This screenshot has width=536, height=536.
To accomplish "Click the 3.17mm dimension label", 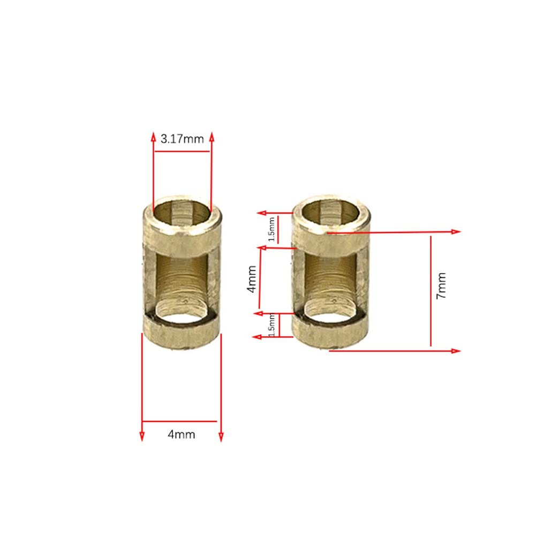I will (182, 139).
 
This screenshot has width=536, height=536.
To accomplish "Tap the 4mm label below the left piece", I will (182, 434).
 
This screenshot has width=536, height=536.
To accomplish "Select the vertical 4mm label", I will (251, 280).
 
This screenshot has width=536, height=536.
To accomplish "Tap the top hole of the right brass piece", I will (333, 210).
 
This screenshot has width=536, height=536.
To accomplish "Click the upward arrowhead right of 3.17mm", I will (212, 137).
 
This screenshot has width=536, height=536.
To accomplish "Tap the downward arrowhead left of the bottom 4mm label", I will (142, 437).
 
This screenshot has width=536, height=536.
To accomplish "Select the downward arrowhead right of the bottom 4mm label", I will (221, 437).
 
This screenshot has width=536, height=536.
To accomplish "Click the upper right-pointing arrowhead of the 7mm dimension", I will (456, 231).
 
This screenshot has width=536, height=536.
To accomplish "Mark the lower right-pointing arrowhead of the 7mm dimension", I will (456, 351).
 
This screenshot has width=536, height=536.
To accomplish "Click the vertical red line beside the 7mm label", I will (431, 292).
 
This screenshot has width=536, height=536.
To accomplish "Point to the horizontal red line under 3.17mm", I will (182, 152).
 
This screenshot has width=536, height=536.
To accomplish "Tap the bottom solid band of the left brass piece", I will (182, 336).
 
